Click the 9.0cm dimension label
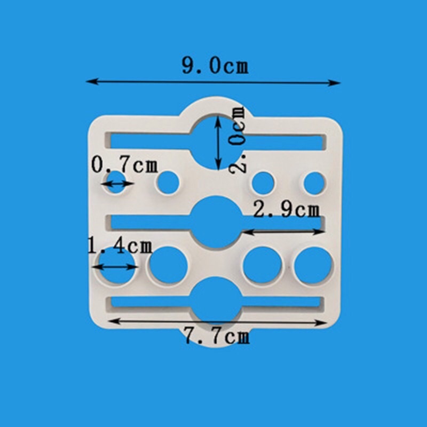point(215,66)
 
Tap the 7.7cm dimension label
point(217,336)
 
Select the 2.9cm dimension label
point(286,210)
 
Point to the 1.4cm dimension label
point(120,246)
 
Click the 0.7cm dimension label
point(124,164)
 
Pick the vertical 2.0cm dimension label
point(237,140)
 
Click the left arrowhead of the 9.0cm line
point(92,81)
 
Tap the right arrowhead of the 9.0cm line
point(334,83)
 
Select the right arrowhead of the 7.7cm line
point(321,323)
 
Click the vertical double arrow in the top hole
point(218,143)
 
